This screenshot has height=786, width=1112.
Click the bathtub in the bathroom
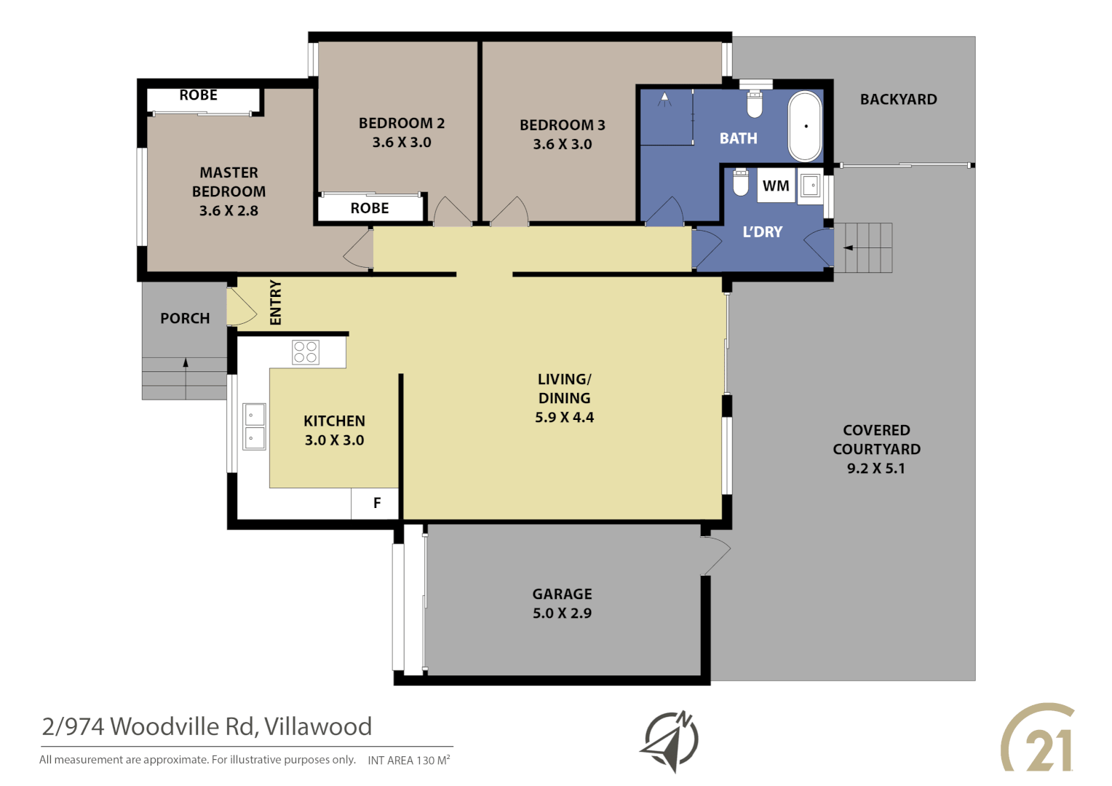point(805,127)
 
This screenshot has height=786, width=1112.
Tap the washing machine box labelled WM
point(776,186)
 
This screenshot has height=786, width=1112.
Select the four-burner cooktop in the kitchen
point(306,352)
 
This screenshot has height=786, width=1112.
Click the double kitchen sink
point(254,426)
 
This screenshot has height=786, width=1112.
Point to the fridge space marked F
point(376,503)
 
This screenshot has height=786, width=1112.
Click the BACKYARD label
point(898,100)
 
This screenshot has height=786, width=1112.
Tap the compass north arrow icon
point(670,741)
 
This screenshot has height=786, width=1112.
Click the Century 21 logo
point(1038,739)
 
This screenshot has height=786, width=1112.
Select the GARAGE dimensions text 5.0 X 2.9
point(562,614)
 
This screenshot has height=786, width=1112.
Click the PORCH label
point(185,319)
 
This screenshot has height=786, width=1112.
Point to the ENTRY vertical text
point(275,302)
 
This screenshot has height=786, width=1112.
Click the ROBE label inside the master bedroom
point(198,95)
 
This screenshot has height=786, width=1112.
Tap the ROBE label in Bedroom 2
point(370,208)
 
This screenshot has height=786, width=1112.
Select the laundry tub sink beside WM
point(811,186)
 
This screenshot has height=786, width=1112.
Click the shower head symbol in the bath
point(664,99)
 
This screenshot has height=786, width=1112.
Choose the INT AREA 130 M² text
point(408,761)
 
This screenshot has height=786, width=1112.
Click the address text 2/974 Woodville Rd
point(207,726)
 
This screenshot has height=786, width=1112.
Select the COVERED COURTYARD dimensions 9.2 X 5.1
point(876,469)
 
